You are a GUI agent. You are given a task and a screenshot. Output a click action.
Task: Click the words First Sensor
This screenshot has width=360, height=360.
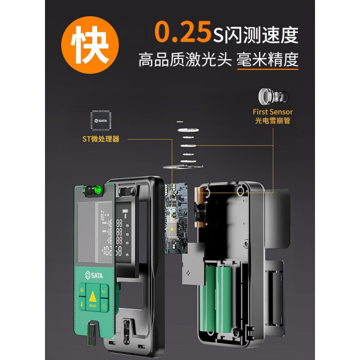272,112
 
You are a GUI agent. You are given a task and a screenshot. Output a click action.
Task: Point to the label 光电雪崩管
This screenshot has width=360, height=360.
272,121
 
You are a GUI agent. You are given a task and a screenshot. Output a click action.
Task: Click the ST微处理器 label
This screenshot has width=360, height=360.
101,139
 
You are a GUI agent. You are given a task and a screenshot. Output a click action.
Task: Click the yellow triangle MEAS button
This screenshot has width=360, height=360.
92,298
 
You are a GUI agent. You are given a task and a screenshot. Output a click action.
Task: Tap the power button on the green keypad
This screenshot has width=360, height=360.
104,306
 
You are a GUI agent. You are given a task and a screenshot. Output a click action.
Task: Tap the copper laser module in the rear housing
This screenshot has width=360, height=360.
199,207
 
